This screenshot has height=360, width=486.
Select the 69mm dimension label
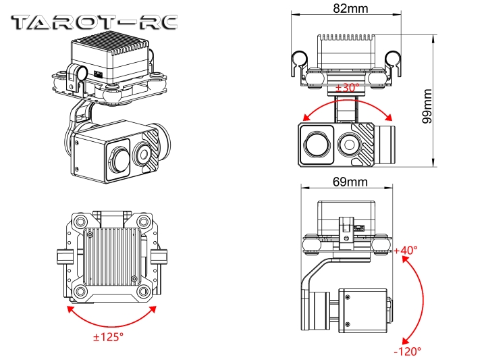click(x=350, y=182)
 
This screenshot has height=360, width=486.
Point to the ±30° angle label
click(x=346, y=88)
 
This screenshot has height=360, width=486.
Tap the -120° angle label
click(x=407, y=351)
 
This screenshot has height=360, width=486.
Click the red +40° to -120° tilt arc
click(x=422, y=297)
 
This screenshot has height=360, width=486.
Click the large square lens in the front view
click(x=316, y=143)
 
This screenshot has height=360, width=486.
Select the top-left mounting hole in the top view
click(x=81, y=222)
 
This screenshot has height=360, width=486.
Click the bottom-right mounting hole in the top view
click(x=143, y=292)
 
